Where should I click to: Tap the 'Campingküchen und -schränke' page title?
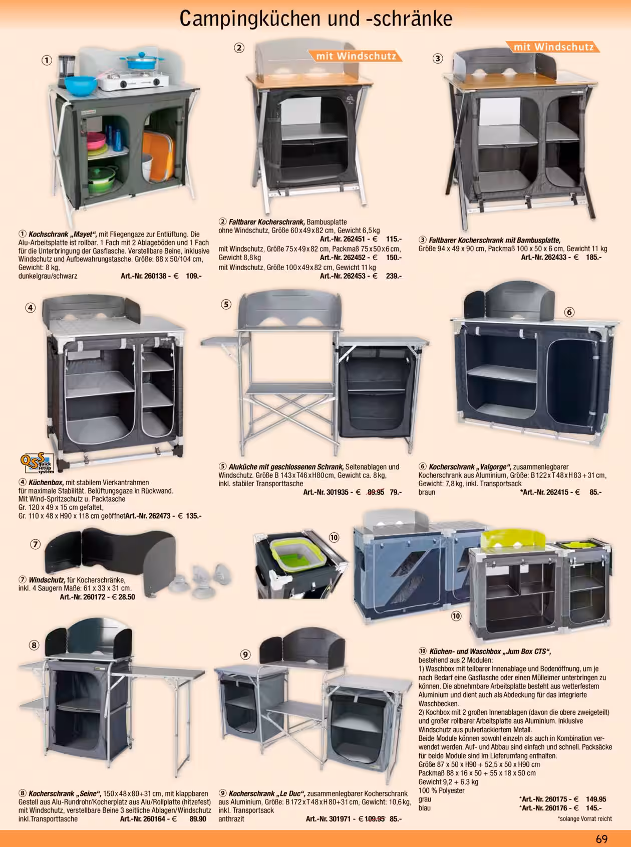click(x=316, y=19)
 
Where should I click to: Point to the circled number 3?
click(x=438, y=58)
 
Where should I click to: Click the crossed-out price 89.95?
click(x=376, y=492)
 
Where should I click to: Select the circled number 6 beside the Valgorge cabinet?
click(x=569, y=312)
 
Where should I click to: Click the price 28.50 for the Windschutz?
click(x=126, y=597)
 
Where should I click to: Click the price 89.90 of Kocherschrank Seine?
click(x=198, y=819)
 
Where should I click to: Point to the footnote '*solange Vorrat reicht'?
click(x=584, y=818)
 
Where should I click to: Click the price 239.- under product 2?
click(x=394, y=276)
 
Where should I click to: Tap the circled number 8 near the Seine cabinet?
click(x=34, y=645)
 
